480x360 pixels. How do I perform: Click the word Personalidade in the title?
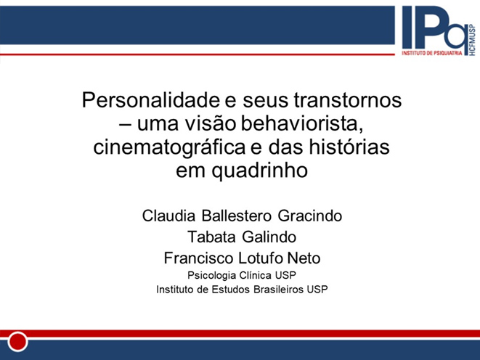150,101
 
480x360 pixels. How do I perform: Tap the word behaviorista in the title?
302,124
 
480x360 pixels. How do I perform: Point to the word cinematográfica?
169,147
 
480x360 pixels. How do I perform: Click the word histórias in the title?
349,147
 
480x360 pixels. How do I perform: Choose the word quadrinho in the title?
260,171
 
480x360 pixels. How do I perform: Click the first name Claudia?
168,216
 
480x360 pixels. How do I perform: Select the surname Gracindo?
310,216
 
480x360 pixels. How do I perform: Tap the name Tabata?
211,237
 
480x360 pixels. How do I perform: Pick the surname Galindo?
269,237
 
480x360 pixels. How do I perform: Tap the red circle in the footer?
17,341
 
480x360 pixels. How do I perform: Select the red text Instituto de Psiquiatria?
431,53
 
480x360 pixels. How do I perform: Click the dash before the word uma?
125,125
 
